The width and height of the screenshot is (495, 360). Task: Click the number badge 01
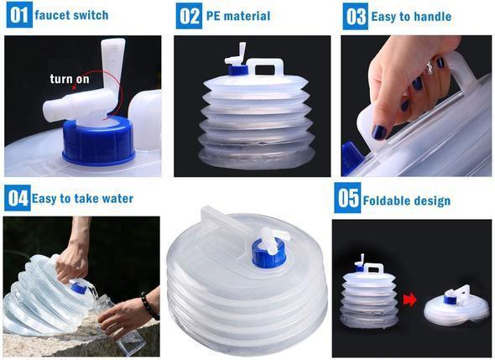pos(18,15)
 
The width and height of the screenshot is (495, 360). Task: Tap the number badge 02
pos(190,15)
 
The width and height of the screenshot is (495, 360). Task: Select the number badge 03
pos(356,16)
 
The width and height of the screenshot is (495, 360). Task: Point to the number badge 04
pos(17,198)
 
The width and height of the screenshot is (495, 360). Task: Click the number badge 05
pos(347,199)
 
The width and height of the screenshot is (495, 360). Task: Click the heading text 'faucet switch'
pos(71,15)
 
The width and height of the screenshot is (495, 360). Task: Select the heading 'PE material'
pos(237,16)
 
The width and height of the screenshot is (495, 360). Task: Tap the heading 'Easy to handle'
pos(410,16)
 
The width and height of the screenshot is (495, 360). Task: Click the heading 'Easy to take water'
pos(82,199)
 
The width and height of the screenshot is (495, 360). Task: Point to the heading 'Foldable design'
pos(406,201)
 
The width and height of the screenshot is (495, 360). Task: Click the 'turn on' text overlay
pos(70,79)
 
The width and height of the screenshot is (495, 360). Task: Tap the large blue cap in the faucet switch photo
pos(98,141)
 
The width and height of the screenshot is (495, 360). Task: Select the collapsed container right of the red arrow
pos(455,307)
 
